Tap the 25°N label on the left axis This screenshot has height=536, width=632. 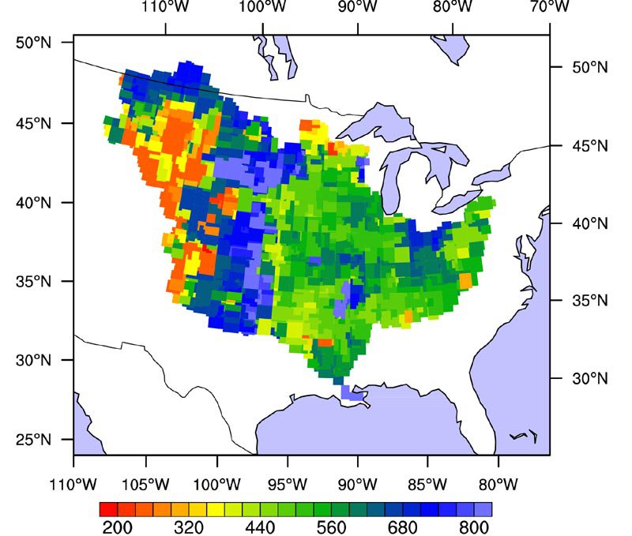(x=34, y=440)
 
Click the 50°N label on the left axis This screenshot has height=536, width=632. (x=34, y=43)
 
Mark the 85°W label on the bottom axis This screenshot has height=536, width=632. (x=428, y=482)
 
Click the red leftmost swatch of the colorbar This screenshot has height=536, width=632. (x=109, y=508)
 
